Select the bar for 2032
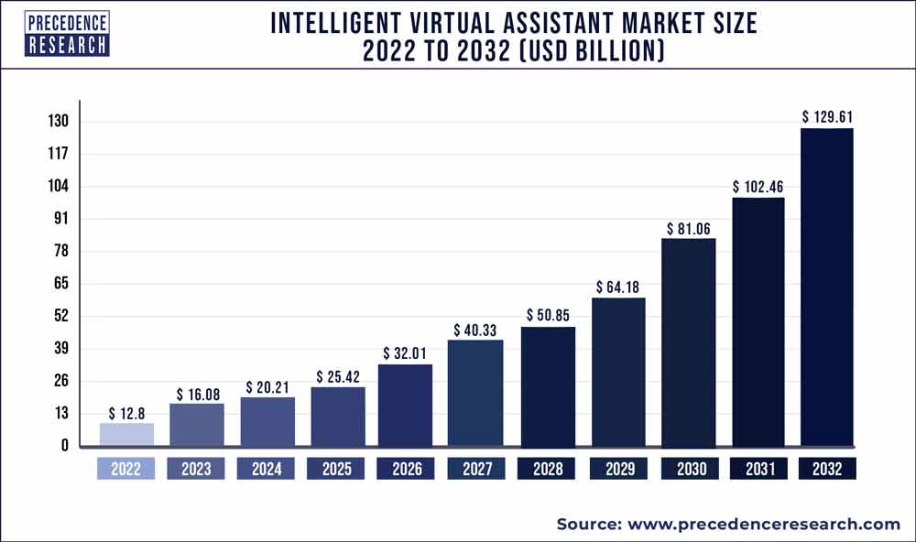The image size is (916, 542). (826, 287)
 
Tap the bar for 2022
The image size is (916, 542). (126, 435)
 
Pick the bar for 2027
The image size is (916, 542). (474, 394)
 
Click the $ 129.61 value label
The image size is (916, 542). (827, 116)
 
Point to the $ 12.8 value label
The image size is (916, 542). (126, 413)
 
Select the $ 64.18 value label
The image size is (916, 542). (618, 287)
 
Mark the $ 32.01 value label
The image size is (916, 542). (405, 353)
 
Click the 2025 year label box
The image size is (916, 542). (335, 469)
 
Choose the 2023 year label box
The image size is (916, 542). (196, 469)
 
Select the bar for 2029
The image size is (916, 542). (617, 373)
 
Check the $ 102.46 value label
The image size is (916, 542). (758, 187)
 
